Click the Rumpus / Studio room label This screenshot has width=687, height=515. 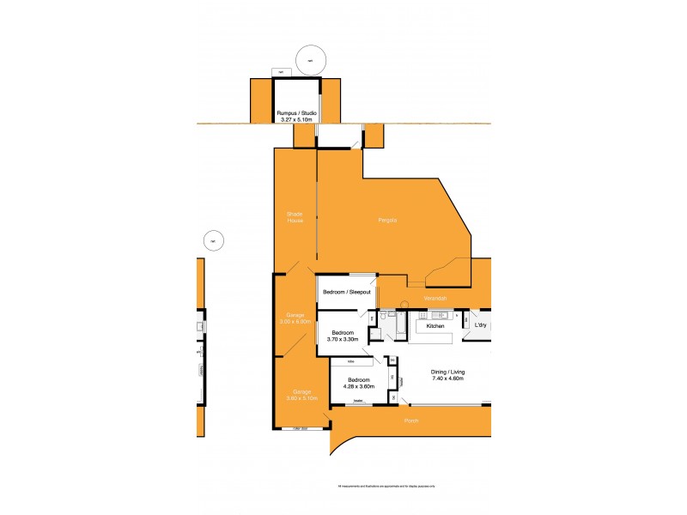pos(296,113)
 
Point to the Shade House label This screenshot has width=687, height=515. pos(295,218)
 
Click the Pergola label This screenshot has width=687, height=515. pos(387,221)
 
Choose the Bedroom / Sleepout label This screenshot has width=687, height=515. pos(346,293)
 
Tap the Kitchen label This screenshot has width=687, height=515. pos(435,326)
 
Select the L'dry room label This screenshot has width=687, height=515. pos(481,325)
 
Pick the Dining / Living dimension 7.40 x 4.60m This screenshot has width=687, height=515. pos(447,379)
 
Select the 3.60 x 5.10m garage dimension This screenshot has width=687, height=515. pos(301,398)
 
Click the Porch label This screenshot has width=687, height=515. pos(411,421)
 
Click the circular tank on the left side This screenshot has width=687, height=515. pos(211,241)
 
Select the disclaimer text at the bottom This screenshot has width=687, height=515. pos(386,487)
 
